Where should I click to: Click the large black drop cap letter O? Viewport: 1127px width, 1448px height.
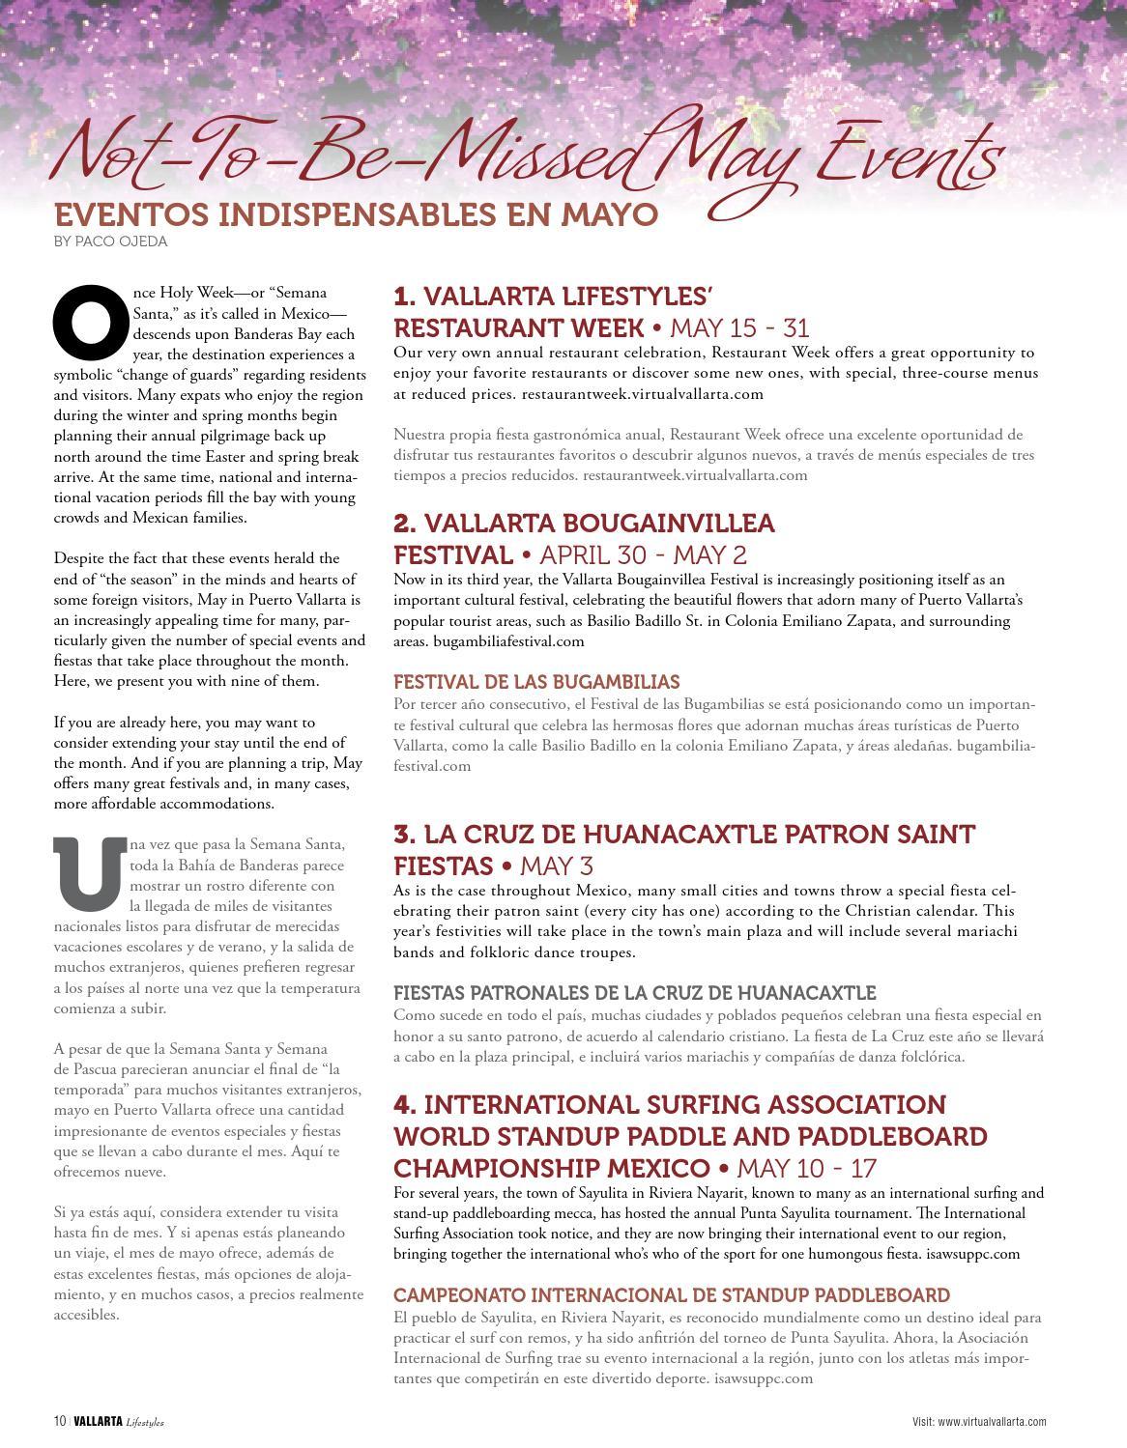coord(91,323)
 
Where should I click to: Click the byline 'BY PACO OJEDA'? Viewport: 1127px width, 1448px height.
coord(110,241)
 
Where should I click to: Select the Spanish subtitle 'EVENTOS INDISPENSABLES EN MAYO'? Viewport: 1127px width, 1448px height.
coord(356,214)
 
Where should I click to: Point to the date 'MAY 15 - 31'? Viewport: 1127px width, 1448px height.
coord(739,327)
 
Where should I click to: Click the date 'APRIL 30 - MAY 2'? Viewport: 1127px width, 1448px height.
coord(643,555)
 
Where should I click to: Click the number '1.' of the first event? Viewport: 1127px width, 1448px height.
coord(405,296)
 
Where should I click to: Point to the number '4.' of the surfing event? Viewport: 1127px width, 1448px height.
coord(405,1105)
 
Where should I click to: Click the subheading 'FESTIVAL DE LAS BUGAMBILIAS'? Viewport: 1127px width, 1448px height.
coord(536,682)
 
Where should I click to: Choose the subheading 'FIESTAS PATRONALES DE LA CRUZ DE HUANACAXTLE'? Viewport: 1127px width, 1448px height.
coord(634,993)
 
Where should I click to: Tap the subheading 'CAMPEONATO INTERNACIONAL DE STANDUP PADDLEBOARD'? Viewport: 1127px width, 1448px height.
coord(671,1294)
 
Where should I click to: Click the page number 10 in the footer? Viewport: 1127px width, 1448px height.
coord(60,1421)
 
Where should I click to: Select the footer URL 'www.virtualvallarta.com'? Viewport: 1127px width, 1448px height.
coord(992,1422)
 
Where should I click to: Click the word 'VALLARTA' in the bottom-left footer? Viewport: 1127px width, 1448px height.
coord(98,1421)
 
